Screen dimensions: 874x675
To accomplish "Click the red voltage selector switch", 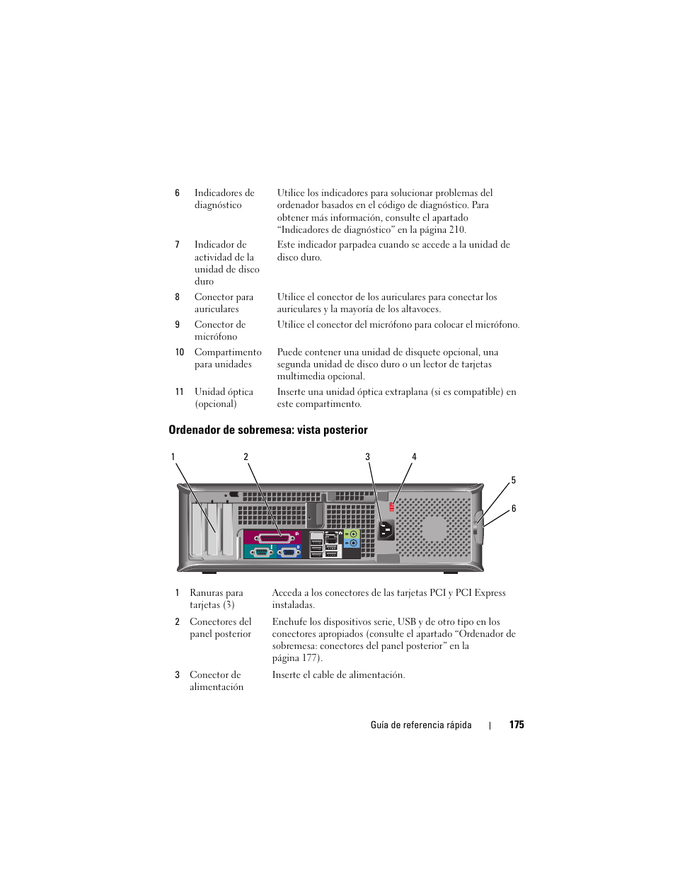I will click(392, 506).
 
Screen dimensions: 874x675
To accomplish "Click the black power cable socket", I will click(386, 530).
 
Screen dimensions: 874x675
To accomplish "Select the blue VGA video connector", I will click(287, 552).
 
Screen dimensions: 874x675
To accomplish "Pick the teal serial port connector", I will click(259, 552).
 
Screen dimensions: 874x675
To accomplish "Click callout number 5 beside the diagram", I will click(514, 481).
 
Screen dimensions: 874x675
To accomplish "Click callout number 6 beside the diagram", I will click(514, 508).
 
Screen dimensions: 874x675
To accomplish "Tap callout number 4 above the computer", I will click(414, 456).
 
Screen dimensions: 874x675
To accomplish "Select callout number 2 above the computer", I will click(246, 456).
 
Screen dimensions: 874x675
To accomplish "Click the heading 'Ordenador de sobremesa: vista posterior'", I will click(268, 430).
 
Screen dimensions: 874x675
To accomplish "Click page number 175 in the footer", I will click(517, 725).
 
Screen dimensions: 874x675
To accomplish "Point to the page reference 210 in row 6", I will click(457, 229).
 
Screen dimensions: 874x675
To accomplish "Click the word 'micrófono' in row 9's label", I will click(216, 337).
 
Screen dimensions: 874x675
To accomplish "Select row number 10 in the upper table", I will click(179, 352).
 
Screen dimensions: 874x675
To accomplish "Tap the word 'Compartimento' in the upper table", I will click(228, 352).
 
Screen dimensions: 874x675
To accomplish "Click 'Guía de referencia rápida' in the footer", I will click(421, 725).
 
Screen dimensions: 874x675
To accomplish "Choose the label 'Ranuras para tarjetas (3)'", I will click(216, 599).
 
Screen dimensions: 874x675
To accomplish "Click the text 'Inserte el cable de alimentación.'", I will click(338, 675).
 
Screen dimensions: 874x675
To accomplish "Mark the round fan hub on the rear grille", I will click(434, 528).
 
